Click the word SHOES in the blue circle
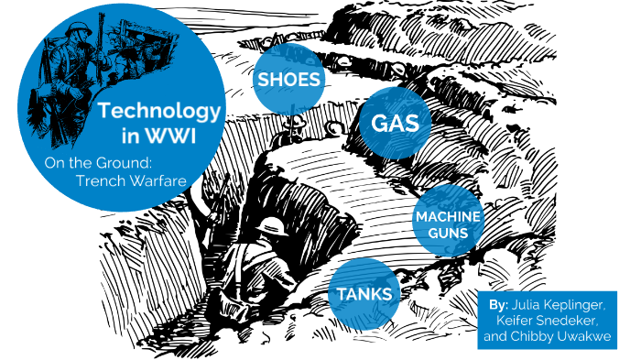click(289, 81)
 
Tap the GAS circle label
click(395, 124)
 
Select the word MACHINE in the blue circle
click(448, 217)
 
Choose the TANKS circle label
click(364, 294)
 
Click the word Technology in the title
click(159, 111)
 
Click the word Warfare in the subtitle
click(158, 180)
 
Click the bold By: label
click(499, 304)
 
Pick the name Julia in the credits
click(530, 304)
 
